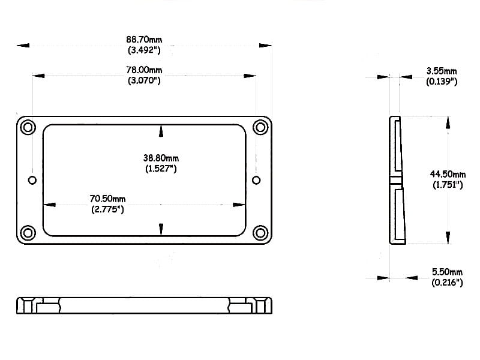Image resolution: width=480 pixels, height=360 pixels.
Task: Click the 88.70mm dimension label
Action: (x=144, y=40)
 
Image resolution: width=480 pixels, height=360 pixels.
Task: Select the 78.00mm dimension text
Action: (x=144, y=70)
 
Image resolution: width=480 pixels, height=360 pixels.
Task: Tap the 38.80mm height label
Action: (x=161, y=158)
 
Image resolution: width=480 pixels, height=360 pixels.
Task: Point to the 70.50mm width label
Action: (x=107, y=199)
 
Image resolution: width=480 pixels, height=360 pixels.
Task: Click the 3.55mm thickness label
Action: (x=442, y=71)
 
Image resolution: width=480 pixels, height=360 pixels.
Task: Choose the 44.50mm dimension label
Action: (x=448, y=174)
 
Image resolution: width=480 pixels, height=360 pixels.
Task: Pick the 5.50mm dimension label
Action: (x=447, y=272)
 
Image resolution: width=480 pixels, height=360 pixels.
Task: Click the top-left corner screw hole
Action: (x=28, y=127)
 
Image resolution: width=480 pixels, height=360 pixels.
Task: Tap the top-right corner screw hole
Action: (x=260, y=127)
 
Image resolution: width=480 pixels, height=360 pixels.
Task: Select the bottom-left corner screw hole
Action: (x=28, y=233)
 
